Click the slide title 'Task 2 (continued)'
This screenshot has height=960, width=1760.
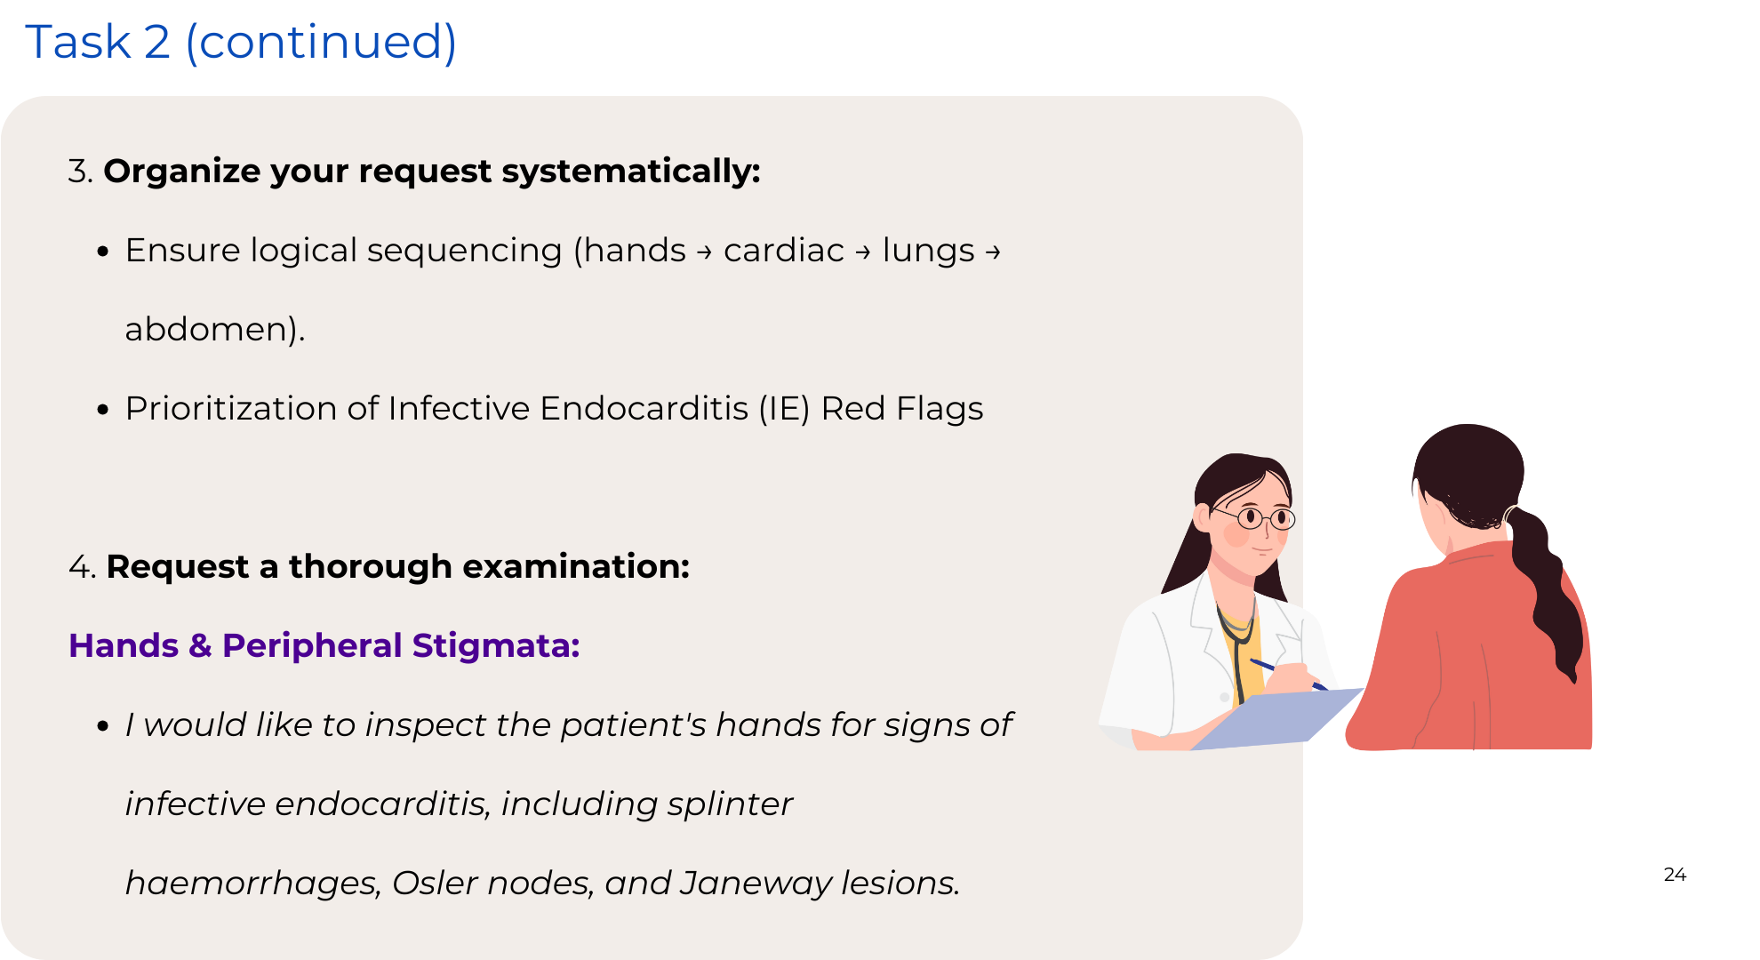(241, 42)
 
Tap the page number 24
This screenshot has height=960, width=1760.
(1675, 875)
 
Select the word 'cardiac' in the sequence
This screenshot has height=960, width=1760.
(783, 251)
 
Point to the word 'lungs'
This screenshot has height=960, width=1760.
(928, 252)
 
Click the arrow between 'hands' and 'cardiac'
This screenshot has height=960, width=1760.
(704, 253)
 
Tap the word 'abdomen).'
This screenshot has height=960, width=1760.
(215, 330)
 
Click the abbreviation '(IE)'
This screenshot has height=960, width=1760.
(784, 409)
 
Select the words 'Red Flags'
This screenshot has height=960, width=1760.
(902, 409)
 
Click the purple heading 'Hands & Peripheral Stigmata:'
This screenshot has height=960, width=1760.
(324, 646)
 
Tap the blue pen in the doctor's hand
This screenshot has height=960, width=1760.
(1287, 673)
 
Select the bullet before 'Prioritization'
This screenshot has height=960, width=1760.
(103, 410)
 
